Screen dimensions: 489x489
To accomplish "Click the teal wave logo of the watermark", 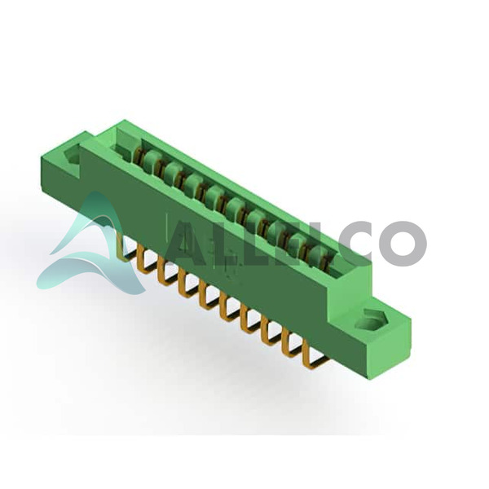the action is point(90,246).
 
